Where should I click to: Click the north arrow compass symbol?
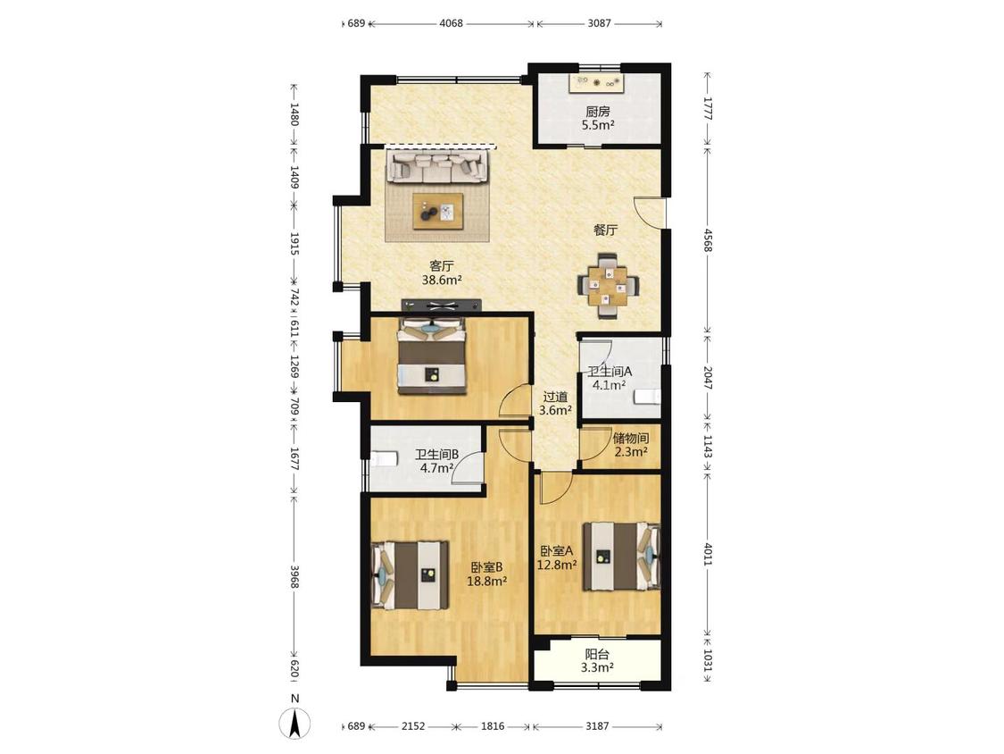coord(295,724)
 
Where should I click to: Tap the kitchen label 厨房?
coord(597,111)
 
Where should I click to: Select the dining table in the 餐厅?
coord(609,285)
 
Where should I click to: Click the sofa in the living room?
coord(437,167)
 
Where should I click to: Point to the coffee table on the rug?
coord(438,210)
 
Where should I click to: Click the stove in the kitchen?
coord(597,82)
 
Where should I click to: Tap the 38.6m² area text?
coord(442,281)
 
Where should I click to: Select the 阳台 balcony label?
coord(597,654)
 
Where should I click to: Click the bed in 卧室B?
coord(411,575)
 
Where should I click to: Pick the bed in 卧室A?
coord(621,556)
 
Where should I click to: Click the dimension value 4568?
coord(708,240)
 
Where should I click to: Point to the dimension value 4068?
coord(451,24)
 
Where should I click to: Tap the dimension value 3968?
coord(295,576)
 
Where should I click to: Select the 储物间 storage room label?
coord(631,439)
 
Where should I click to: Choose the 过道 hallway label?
coord(555,397)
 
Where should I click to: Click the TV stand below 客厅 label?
coord(441,306)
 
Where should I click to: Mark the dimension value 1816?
coord(493,726)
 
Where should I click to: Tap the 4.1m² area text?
coord(609,385)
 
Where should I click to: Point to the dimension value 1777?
coord(708,109)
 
